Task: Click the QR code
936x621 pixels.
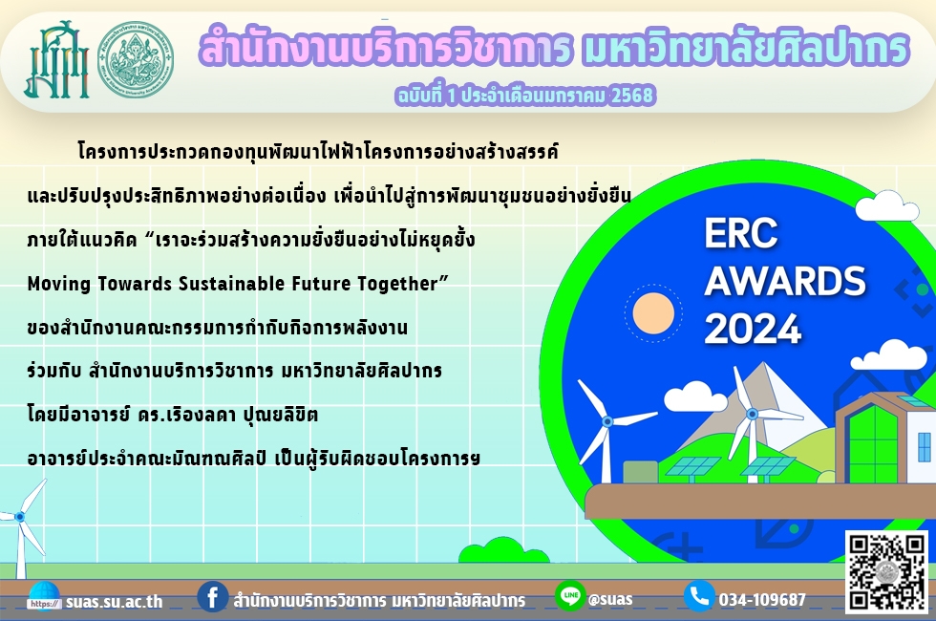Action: point(886,571)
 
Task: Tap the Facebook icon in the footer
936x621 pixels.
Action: point(212,596)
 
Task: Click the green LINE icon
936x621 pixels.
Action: point(570,595)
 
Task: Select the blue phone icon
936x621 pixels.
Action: point(699,596)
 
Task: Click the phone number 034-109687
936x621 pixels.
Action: point(762,600)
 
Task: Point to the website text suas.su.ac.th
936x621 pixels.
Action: point(114,601)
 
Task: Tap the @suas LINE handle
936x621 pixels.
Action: point(610,599)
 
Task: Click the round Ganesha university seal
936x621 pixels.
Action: point(136,59)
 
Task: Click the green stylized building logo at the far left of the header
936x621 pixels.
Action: point(56,59)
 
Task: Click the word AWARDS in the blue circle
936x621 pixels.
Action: point(785,281)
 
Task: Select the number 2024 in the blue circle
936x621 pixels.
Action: point(753,329)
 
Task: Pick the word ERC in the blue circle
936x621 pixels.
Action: point(741,233)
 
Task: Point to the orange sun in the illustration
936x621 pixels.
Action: point(653,313)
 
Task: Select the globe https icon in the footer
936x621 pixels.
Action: point(44,597)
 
